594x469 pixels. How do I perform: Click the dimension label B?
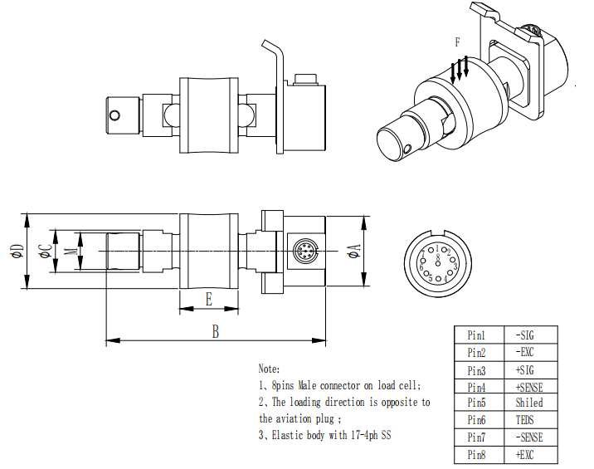(215, 330)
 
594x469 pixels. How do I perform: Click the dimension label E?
(208, 300)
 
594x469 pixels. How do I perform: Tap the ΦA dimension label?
(354, 251)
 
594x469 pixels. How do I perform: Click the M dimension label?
(71, 251)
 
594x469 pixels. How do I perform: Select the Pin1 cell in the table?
(476, 335)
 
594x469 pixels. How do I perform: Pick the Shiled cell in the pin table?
(528, 403)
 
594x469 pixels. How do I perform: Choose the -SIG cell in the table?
(527, 335)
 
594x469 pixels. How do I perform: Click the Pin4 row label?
(476, 386)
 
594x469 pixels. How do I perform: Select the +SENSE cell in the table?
(528, 386)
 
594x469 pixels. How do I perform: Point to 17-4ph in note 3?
(372, 435)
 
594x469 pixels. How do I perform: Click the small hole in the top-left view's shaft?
(116, 113)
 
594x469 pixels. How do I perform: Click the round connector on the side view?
(304, 251)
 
